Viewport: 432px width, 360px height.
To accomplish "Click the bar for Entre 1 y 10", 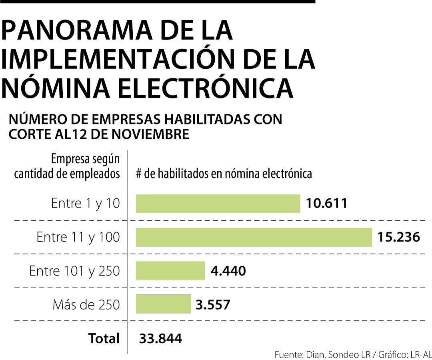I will pyautogui.click(x=218, y=204).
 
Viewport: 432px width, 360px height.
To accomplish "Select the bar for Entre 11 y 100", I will pyautogui.click(x=254, y=237).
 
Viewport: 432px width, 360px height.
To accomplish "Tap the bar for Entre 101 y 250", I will pyautogui.click(x=170, y=271).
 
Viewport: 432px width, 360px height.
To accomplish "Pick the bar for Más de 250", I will pyautogui.click(x=163, y=304).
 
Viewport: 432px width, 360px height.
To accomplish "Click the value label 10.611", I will pyautogui.click(x=327, y=204).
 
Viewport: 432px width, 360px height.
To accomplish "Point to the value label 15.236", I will pyautogui.click(x=399, y=237).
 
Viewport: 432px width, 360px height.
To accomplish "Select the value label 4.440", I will pyautogui.click(x=228, y=271).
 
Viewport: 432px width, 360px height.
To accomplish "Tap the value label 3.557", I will pyautogui.click(x=213, y=305).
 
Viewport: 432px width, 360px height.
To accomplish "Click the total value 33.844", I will pyautogui.click(x=160, y=338).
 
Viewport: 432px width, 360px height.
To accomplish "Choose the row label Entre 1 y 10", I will pyautogui.click(x=86, y=204).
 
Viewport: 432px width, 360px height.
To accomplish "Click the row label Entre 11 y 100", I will pyautogui.click(x=78, y=237).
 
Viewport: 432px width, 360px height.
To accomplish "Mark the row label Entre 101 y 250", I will pyautogui.click(x=74, y=271).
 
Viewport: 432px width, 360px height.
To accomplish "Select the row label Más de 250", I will pyautogui.click(x=86, y=305).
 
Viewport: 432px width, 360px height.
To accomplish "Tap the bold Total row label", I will pyautogui.click(x=104, y=338).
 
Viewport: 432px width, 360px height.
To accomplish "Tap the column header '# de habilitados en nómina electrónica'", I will pyautogui.click(x=224, y=174).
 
